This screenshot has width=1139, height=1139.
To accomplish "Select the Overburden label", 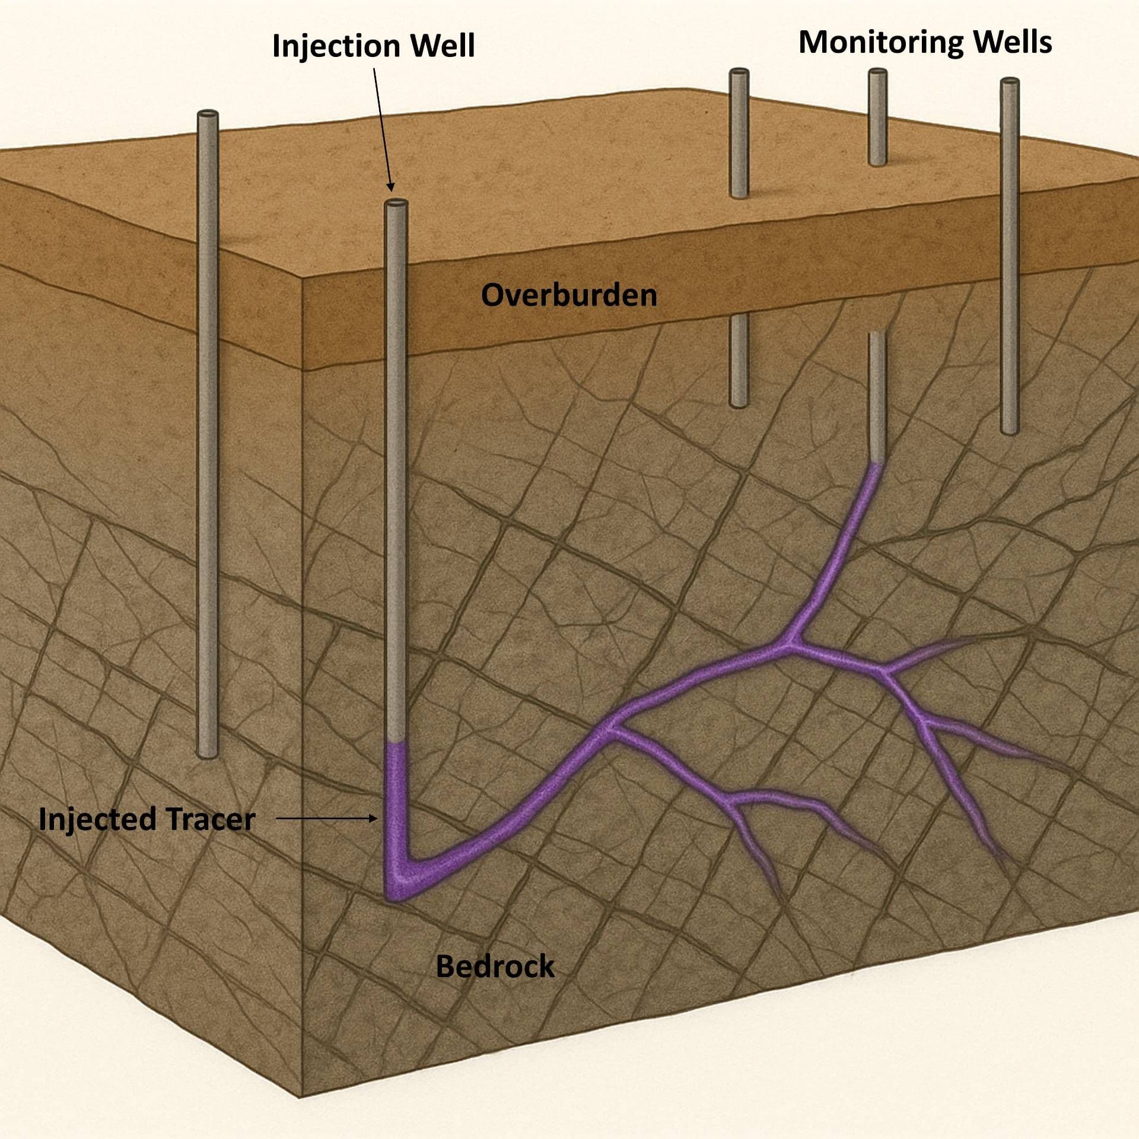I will point(569,295).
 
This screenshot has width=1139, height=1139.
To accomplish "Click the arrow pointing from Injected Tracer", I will point(326,819).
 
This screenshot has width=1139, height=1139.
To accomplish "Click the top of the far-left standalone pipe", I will point(208,114).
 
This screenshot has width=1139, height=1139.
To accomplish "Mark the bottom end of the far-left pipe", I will point(208,755).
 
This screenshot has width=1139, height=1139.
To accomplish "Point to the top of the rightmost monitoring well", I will point(1010,82).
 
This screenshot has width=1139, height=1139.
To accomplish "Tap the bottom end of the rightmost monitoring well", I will point(1010,431).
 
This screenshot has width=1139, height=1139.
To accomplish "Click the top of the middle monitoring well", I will point(877,73).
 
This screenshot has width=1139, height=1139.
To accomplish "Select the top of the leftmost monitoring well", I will point(739,73).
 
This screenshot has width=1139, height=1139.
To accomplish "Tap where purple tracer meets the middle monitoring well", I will point(876,464).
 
